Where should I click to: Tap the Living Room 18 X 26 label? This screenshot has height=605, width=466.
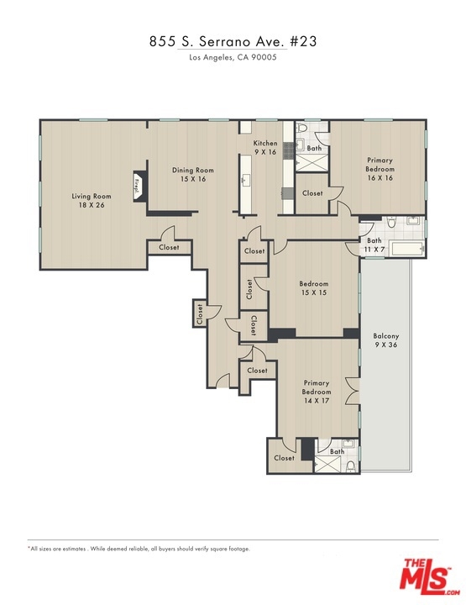(x=92, y=200)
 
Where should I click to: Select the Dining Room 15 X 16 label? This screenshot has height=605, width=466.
(x=193, y=175)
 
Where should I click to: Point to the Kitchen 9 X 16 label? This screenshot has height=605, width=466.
(x=265, y=147)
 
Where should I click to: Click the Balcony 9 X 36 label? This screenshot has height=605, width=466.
(x=386, y=340)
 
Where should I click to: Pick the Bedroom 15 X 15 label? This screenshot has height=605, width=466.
(x=314, y=288)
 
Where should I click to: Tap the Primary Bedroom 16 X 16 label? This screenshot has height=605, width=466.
(x=380, y=169)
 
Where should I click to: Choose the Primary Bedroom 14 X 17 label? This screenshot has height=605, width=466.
(x=316, y=392)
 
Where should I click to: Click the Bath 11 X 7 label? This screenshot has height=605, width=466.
(x=374, y=245)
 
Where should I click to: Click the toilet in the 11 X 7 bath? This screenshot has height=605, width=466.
(x=392, y=222)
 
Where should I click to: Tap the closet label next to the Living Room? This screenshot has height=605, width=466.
(x=170, y=247)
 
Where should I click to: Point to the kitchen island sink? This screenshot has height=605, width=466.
(x=245, y=179)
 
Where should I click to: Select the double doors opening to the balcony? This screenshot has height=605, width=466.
(x=353, y=391)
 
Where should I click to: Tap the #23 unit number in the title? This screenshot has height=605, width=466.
(x=304, y=41)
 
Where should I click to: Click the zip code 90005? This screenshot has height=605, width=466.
(x=264, y=57)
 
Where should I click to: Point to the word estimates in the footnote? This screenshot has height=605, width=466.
(x=74, y=549)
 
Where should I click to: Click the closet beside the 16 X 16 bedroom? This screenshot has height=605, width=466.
(x=312, y=193)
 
